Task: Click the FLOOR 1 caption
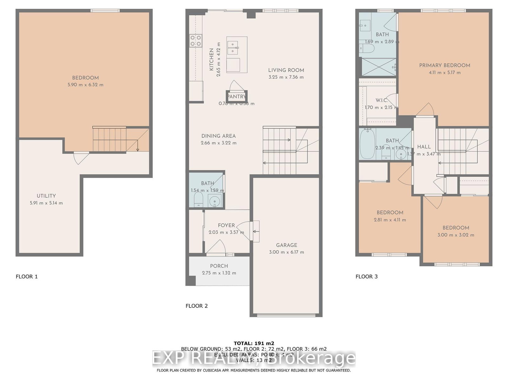pos(27,277)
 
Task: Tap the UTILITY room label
pos(46,196)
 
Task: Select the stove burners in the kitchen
pos(196,41)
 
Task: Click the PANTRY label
pos(237,97)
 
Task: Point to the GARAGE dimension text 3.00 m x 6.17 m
pos(286,252)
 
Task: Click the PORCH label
pos(219,266)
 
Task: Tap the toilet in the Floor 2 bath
pos(198,200)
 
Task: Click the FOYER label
pos(226,225)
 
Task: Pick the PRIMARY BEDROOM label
pos(444,65)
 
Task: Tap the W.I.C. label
pos(382,100)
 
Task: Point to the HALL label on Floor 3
pos(424,147)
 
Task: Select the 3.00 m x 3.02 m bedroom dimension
pos(456,235)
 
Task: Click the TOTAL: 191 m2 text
pos(254,343)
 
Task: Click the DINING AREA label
pos(218,136)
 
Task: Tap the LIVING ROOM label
pos(286,70)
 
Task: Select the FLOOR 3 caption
pos(367,277)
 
